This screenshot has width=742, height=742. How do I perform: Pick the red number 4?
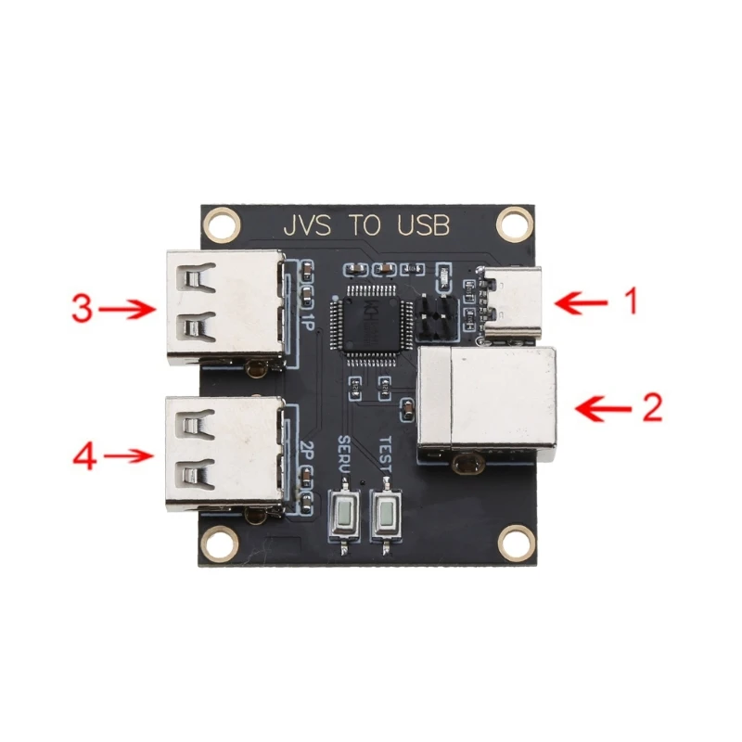(84, 456)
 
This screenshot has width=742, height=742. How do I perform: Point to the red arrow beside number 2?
(605, 407)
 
